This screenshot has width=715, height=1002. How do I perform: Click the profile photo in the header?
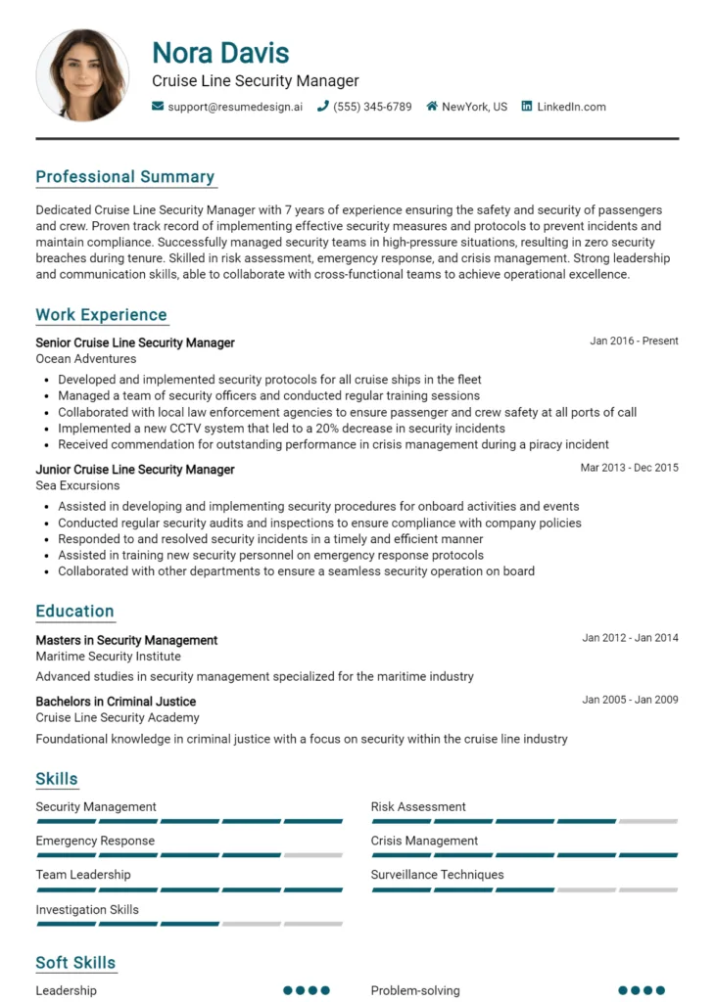click(x=82, y=75)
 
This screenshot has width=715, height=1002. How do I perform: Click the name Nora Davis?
click(x=220, y=52)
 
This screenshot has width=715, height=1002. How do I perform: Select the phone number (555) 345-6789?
click(x=372, y=107)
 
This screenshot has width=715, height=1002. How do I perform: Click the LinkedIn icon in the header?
click(x=527, y=107)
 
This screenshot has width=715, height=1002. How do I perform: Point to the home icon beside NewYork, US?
click(x=432, y=107)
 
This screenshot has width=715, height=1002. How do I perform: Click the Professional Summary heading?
click(x=125, y=177)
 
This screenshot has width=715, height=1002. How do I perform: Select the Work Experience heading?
click(x=102, y=315)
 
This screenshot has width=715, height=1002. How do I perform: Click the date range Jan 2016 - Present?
click(x=634, y=342)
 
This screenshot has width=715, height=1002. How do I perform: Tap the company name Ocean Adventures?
click(x=86, y=359)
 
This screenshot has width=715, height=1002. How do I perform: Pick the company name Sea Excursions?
click(x=77, y=485)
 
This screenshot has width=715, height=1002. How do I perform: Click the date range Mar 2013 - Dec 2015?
click(x=629, y=468)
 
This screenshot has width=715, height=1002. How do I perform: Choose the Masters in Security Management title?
click(x=126, y=640)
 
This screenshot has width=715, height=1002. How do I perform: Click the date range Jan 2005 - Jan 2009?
click(x=630, y=700)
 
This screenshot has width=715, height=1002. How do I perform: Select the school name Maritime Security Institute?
click(x=108, y=657)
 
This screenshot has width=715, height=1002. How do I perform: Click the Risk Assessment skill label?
click(x=418, y=807)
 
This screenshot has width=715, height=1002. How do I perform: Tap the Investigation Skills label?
click(x=87, y=910)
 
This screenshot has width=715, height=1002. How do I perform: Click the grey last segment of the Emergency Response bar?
click(x=313, y=855)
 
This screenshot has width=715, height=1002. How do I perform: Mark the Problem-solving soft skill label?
click(x=415, y=990)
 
